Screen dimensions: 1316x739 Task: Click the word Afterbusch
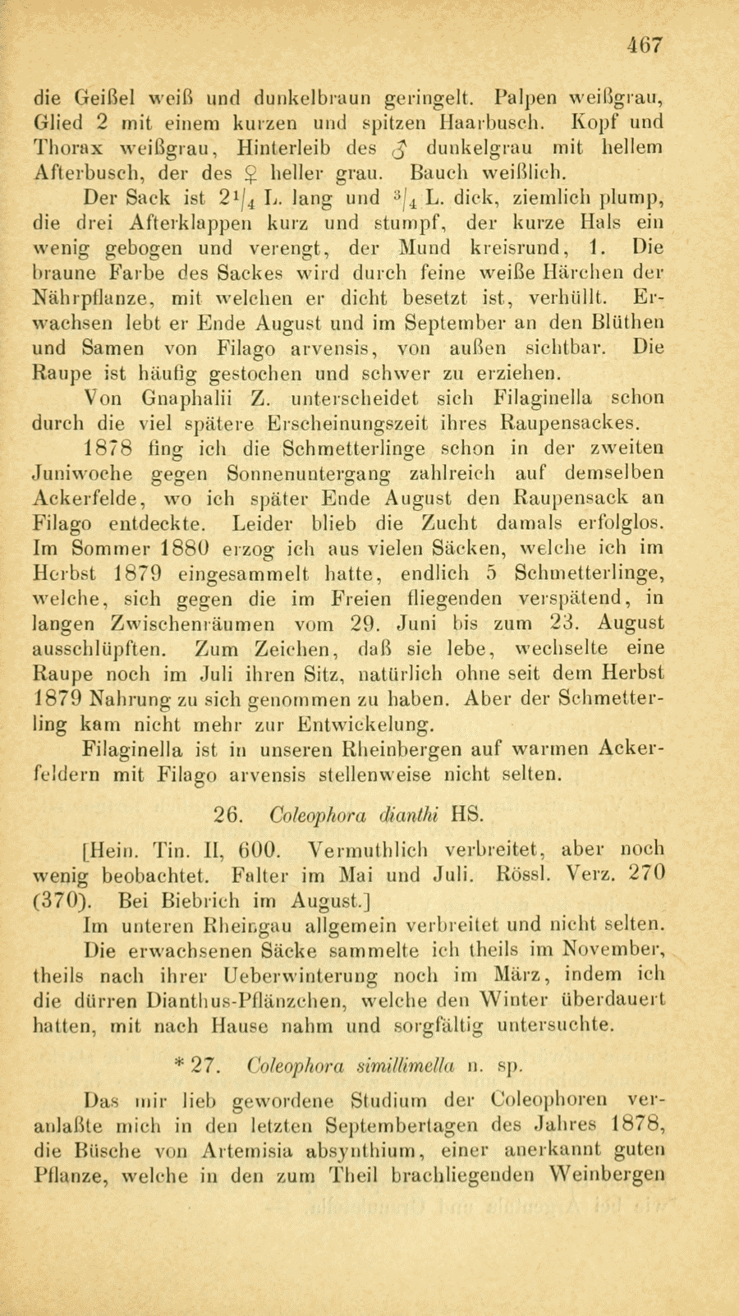coord(81,174)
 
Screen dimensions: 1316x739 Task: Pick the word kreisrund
coord(511,248)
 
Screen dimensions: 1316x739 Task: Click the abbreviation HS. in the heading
coord(469,816)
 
